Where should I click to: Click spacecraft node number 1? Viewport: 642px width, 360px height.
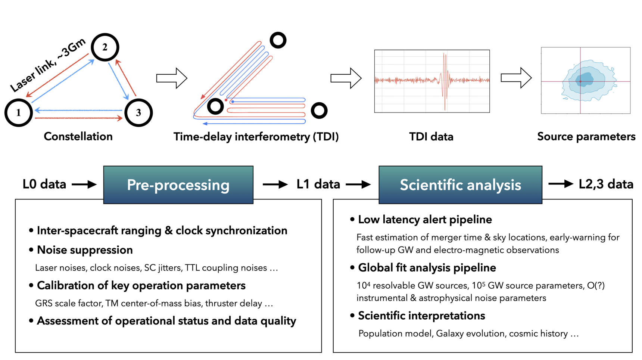tap(19, 112)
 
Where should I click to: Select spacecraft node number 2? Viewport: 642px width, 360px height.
tap(105, 47)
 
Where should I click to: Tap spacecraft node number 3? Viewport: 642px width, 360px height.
tap(138, 112)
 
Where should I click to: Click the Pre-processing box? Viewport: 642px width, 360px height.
tap(178, 185)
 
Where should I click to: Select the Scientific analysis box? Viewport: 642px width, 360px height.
tap(460, 185)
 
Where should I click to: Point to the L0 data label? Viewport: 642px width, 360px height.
tap(44, 184)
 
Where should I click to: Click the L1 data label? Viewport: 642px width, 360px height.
tap(318, 184)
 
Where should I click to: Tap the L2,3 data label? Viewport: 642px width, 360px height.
tap(606, 184)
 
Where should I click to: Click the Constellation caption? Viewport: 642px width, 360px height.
tap(78, 136)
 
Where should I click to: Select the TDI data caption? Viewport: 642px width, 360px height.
tap(431, 137)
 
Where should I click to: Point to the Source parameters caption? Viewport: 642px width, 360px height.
tap(586, 137)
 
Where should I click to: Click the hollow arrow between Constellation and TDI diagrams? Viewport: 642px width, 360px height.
tap(172, 78)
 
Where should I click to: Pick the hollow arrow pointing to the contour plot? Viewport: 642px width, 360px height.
tap(516, 78)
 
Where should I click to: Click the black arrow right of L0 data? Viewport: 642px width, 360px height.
tap(84, 184)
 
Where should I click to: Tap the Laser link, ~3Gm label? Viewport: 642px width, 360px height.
tap(48, 65)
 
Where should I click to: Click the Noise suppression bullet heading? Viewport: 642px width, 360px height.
tap(85, 250)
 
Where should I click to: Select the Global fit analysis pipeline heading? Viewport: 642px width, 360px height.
tap(427, 268)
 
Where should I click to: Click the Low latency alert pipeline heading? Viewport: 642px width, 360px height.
tap(425, 220)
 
